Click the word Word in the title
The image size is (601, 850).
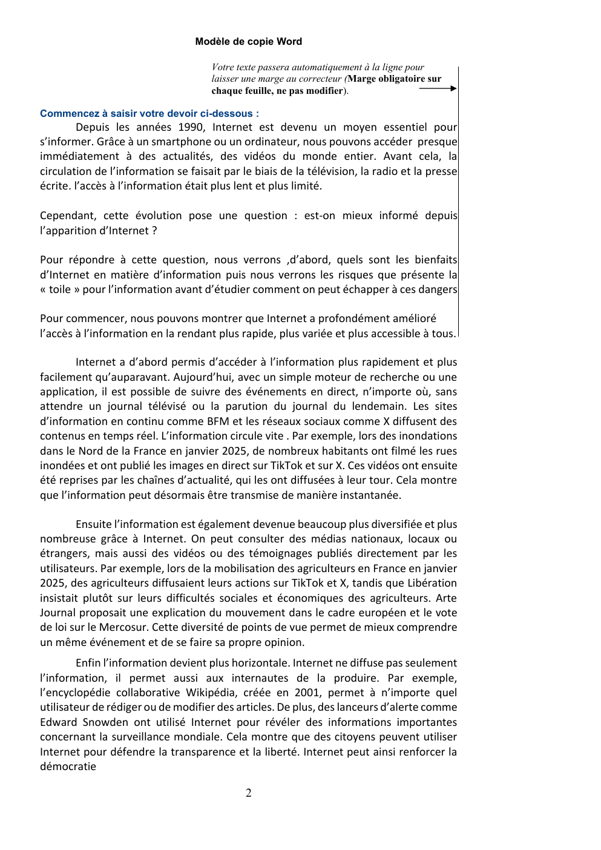point(289,42)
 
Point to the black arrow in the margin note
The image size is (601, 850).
point(438,88)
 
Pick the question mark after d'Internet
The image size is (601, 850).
point(154,231)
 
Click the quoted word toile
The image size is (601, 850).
point(60,289)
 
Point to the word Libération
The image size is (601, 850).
point(429,583)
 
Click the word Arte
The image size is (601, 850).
point(447,598)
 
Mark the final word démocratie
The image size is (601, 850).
point(68,766)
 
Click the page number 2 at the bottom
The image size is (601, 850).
point(249,793)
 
